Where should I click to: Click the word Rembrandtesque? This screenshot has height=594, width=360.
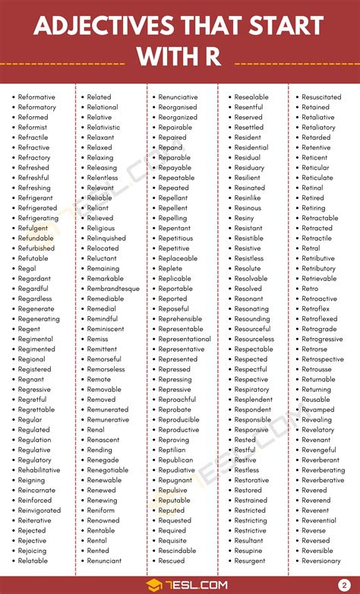click(113, 289)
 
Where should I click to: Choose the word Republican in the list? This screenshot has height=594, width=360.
click(176, 460)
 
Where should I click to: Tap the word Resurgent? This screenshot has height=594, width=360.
click(250, 561)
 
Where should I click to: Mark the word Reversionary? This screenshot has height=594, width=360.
click(321, 561)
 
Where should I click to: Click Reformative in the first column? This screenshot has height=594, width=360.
click(37, 97)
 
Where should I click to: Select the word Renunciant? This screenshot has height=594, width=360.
click(105, 561)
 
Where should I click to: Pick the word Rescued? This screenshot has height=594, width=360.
click(171, 561)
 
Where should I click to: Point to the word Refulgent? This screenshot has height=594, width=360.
click(34, 228)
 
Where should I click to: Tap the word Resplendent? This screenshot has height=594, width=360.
click(253, 400)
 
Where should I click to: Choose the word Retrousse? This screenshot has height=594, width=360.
click(317, 369)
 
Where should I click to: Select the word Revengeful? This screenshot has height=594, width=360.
click(319, 450)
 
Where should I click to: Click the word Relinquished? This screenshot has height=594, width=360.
click(106, 238)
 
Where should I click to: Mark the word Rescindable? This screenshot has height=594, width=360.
click(177, 551)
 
